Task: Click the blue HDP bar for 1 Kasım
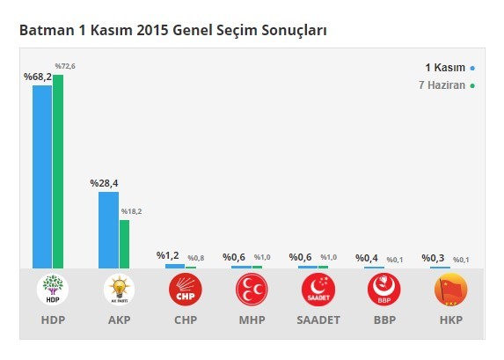42,176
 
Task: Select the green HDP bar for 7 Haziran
58,171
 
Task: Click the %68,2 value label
37,77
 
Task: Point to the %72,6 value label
65,66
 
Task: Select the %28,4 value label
104,183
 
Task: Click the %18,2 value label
131,211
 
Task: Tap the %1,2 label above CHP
168,255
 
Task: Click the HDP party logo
53,290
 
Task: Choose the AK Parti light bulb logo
119,290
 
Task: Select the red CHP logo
185,290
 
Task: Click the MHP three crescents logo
252,290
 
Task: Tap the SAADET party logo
318,290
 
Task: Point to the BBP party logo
384,290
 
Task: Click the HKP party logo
450,290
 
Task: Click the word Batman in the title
42,31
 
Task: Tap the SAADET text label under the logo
318,320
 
